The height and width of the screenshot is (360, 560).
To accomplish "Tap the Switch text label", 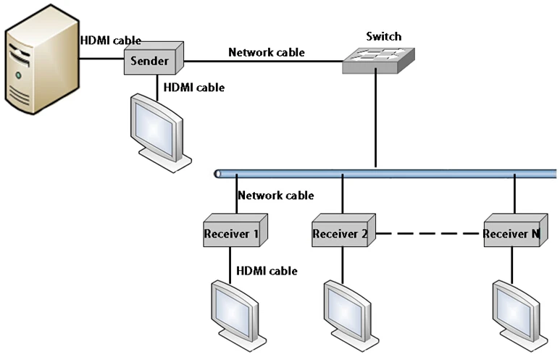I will tap(383, 36).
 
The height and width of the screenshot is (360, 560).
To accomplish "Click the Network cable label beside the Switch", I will tap(266, 52).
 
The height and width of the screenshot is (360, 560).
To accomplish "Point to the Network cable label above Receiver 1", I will tap(275, 195).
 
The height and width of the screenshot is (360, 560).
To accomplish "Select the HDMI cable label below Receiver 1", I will tap(267, 270).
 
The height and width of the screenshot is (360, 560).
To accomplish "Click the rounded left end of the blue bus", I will tap(218, 174).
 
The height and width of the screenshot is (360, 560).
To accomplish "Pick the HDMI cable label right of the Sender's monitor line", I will tap(194, 88).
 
